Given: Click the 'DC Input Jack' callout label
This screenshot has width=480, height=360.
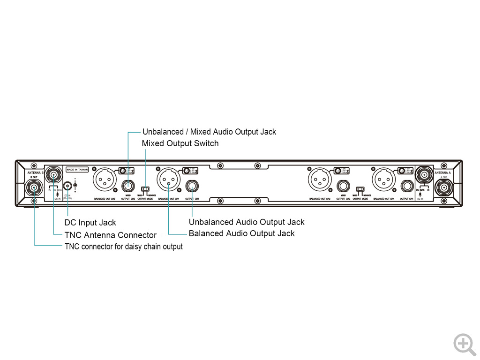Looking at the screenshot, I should (90, 223).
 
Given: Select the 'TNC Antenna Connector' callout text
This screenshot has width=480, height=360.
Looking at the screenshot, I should (110, 235).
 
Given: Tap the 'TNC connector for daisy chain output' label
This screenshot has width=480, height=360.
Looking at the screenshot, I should (123, 247).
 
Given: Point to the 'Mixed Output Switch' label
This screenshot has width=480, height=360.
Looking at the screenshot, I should (180, 143).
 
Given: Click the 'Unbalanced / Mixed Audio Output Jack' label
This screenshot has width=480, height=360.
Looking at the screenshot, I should (209, 132).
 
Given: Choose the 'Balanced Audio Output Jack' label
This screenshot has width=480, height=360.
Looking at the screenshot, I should (241, 233).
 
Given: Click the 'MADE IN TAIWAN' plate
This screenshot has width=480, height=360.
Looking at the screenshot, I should (77, 170).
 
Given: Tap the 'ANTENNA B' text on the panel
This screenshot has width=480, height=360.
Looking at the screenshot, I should (36, 173).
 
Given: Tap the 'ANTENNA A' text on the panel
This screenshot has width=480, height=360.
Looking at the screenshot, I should (442, 173).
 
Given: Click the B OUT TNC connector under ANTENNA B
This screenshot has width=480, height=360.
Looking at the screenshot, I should (35, 188).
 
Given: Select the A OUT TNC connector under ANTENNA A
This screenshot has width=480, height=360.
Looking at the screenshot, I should (443, 188).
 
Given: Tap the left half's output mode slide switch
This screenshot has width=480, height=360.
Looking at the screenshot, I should (145, 190).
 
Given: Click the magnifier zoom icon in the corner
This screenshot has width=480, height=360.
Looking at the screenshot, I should (464, 344).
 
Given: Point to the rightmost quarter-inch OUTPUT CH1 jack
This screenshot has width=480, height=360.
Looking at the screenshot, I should (406, 186).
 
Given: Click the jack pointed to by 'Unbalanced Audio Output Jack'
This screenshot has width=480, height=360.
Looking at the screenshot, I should (192, 186).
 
